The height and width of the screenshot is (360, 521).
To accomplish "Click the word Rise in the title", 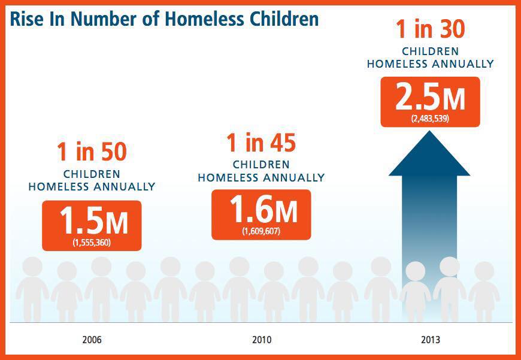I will [26, 19].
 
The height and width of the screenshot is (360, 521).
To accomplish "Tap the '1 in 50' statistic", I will [92, 152].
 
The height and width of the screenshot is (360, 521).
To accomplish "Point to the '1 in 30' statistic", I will [431, 29].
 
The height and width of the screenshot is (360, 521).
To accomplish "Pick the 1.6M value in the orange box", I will [263, 211].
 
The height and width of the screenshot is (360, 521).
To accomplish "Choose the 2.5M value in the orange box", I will [430, 98].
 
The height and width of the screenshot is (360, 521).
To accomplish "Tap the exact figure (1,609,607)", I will [262, 231].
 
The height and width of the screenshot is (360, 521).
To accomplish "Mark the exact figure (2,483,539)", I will [430, 119].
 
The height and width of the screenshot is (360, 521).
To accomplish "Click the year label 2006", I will [92, 340].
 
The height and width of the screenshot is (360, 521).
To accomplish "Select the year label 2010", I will [261, 340].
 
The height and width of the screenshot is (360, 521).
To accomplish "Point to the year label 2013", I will [430, 340].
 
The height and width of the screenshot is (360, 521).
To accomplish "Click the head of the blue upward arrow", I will [429, 156].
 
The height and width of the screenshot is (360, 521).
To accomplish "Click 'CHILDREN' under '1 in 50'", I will [92, 174].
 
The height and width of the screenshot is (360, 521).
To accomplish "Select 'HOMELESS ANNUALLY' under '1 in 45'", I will [261, 177].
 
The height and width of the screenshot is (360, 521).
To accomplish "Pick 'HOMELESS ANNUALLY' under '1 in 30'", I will [430, 63].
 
